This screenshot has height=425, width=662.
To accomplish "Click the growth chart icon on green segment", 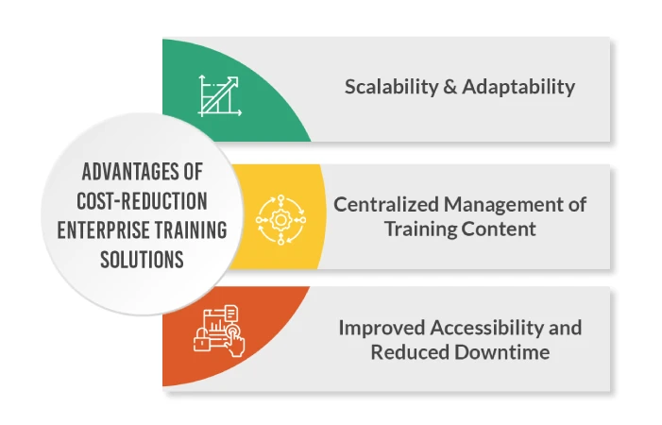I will coord(219,94).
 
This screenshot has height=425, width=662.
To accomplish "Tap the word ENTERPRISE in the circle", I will coord(95,229).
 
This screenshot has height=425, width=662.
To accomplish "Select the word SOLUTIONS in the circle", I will coord(142,258).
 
